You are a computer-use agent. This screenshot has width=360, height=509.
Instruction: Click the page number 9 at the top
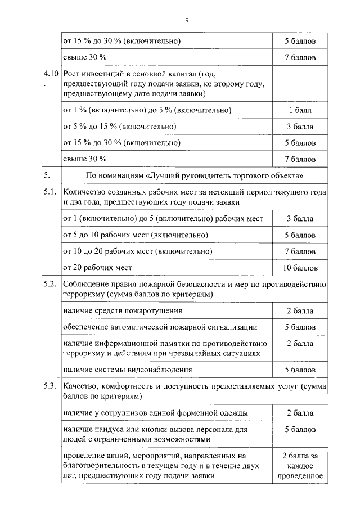(187, 20)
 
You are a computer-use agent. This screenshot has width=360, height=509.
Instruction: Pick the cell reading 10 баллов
(300, 268)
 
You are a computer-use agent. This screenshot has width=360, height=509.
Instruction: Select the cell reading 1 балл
(300, 110)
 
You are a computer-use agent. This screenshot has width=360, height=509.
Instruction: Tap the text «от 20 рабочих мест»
(97, 268)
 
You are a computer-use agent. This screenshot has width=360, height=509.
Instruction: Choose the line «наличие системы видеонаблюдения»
(128, 370)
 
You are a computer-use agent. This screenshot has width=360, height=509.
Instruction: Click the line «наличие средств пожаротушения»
(123, 310)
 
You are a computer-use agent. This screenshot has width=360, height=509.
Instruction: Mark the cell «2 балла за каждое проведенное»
(300, 466)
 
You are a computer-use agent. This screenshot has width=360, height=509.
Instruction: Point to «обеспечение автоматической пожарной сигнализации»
(160, 327)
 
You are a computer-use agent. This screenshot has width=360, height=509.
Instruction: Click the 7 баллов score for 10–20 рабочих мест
(300, 251)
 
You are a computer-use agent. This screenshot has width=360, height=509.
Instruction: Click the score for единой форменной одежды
(300, 413)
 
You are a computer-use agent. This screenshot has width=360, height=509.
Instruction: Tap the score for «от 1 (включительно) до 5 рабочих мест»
(300, 218)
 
